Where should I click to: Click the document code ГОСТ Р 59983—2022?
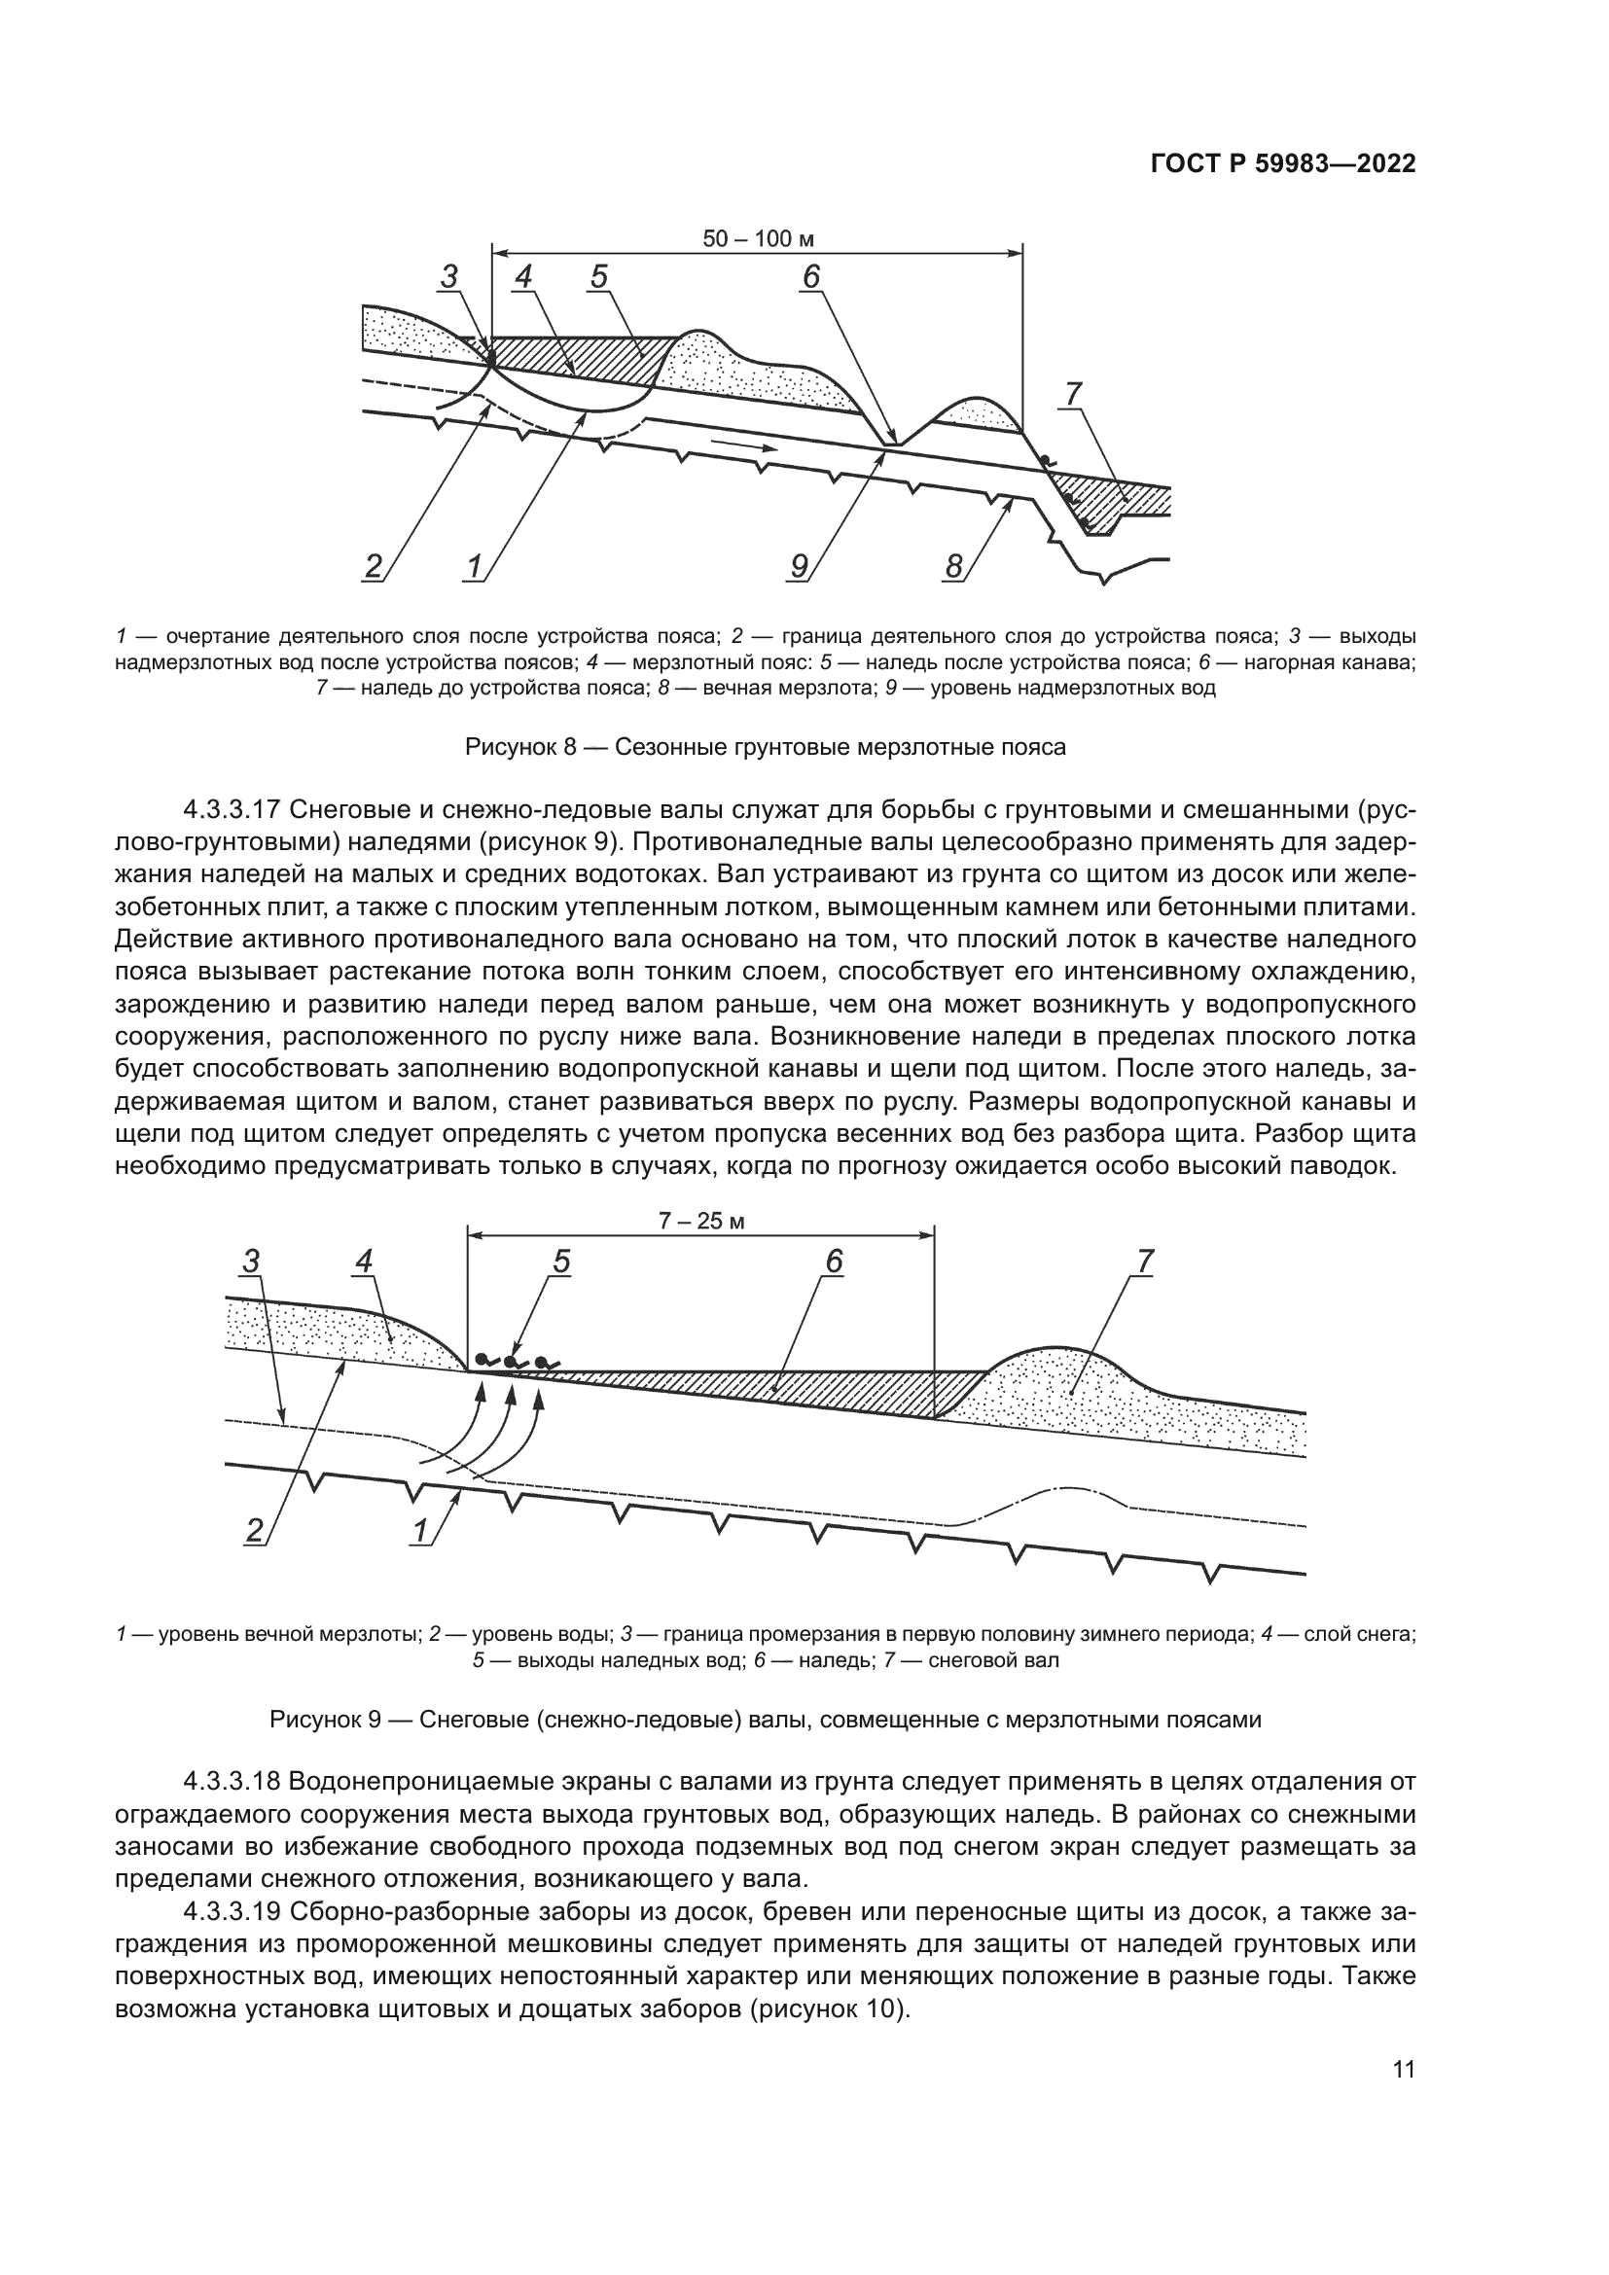pos(1282,164)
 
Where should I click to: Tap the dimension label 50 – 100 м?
pos(758,239)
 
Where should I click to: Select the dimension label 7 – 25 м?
pos(701,1221)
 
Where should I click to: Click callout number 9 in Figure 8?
pos(799,567)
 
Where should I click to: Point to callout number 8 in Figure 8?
pos(953,567)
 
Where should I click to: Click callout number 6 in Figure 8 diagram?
pos(811,276)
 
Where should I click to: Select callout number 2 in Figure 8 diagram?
pos(374,567)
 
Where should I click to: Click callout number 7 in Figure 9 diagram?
pos(1145,1262)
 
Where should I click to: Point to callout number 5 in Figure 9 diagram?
pos(561,1262)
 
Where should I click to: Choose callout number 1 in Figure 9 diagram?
pos(420,1531)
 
